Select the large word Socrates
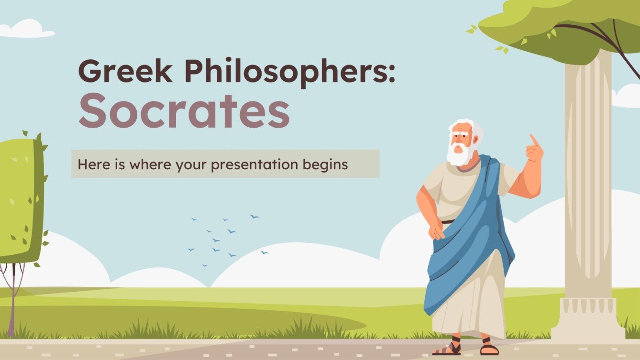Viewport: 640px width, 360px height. (184, 111)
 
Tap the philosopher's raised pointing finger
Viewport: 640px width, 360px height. (532, 140)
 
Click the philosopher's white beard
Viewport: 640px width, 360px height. (460, 154)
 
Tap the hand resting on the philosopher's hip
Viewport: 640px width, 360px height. (436, 231)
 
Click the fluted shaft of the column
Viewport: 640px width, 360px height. (588, 182)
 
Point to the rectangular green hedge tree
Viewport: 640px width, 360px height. (22, 201)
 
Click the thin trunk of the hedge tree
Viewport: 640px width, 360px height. (12, 301)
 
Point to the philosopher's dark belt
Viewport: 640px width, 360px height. (448, 222)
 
